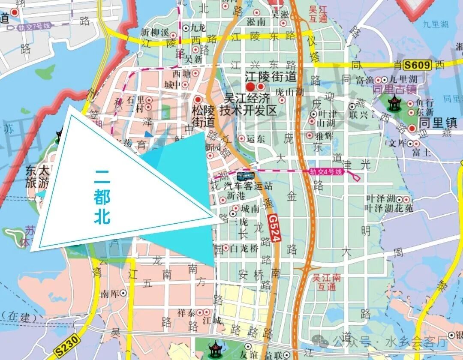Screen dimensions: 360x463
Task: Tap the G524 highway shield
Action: pyautogui.click(x=274, y=229)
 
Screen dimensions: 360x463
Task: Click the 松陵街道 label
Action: pyautogui.click(x=203, y=116)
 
